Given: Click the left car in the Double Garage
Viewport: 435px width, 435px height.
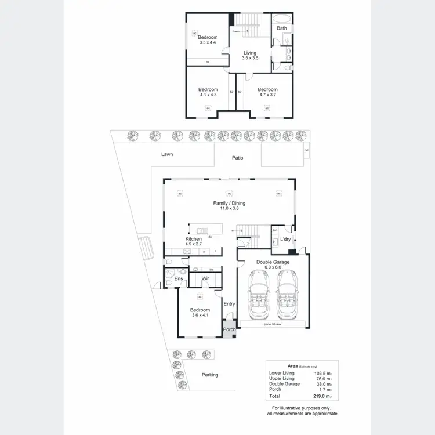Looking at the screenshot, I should [257, 296].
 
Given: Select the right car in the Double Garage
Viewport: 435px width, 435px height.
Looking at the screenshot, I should [287, 296].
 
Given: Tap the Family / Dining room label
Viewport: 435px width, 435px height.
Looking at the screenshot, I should [229, 203].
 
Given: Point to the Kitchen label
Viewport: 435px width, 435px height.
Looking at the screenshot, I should [193, 239].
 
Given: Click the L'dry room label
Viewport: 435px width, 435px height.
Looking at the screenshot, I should [285, 240].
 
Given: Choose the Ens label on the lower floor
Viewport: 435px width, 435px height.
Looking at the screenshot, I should [179, 279].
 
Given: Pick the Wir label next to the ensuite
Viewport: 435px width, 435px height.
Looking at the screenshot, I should [205, 279].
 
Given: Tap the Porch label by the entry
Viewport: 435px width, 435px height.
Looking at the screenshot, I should [230, 330].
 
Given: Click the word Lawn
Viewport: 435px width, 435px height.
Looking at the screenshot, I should [167, 155].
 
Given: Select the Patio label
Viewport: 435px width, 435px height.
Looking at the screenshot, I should [238, 157].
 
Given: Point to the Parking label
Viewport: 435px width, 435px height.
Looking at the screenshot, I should [210, 375].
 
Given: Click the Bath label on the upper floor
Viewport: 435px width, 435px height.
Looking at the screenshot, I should [281, 28].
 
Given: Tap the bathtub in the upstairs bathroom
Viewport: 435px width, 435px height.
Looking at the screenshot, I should [281, 17].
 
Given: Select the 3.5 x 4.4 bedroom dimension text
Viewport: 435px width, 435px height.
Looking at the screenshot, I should [207, 43].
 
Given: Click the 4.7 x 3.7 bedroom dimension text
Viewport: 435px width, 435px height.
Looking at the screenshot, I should [267, 95].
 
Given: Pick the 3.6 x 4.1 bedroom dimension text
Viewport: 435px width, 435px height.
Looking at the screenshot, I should [200, 316].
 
